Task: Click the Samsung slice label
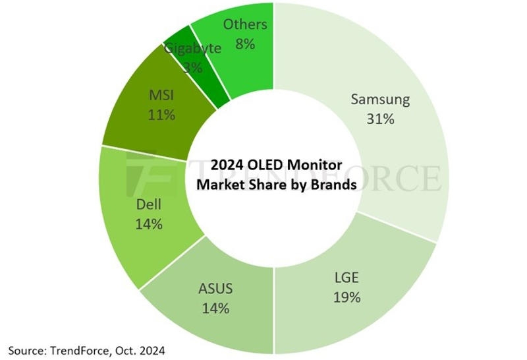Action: coord(380,100)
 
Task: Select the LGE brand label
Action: coord(347,278)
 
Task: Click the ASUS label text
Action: coord(215,288)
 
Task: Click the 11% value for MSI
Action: coord(161,115)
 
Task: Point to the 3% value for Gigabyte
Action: coord(192,67)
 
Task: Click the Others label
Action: coord(245,24)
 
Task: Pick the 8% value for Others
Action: coord(244,45)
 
